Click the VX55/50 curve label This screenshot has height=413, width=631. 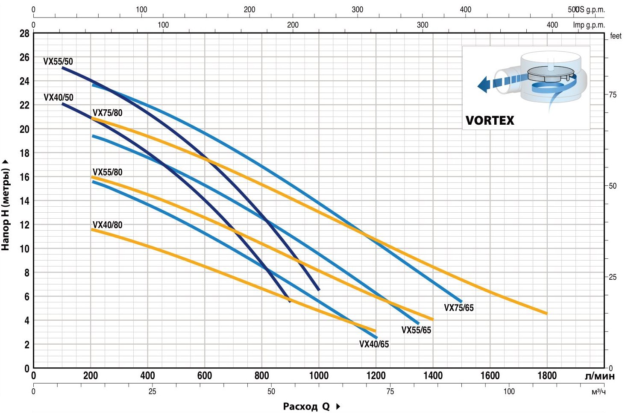pyautogui.click(x=58, y=62)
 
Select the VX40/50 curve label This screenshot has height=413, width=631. pyautogui.click(x=59, y=97)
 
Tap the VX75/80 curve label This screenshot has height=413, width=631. pyautogui.click(x=107, y=113)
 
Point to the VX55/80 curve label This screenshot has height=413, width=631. pyautogui.click(x=107, y=172)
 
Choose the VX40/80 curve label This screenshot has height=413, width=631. pyautogui.click(x=107, y=225)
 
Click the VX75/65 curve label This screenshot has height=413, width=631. pyautogui.click(x=459, y=308)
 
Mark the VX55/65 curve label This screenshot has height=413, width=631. pyautogui.click(x=416, y=330)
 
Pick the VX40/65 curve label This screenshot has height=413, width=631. pyautogui.click(x=374, y=344)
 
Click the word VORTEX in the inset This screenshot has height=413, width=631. pyautogui.click(x=490, y=120)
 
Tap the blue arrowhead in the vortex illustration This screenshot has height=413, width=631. pyautogui.click(x=483, y=84)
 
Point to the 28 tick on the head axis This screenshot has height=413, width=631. pyautogui.click(x=24, y=33)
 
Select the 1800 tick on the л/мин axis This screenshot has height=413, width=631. pyautogui.click(x=547, y=375)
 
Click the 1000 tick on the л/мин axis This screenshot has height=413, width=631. pyautogui.click(x=319, y=375)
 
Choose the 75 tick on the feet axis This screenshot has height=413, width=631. pyautogui.click(x=613, y=95)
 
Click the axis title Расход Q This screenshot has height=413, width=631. pyautogui.click(x=306, y=406)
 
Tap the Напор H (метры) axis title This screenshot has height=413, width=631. pyautogui.click(x=6, y=205)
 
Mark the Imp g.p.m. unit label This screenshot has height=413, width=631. pyautogui.click(x=589, y=25)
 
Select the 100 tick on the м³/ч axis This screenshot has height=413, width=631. pyautogui.click(x=509, y=391)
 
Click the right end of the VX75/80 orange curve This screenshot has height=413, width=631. pyautogui.click(x=546, y=313)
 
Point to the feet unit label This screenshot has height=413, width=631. pyautogui.click(x=616, y=36)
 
